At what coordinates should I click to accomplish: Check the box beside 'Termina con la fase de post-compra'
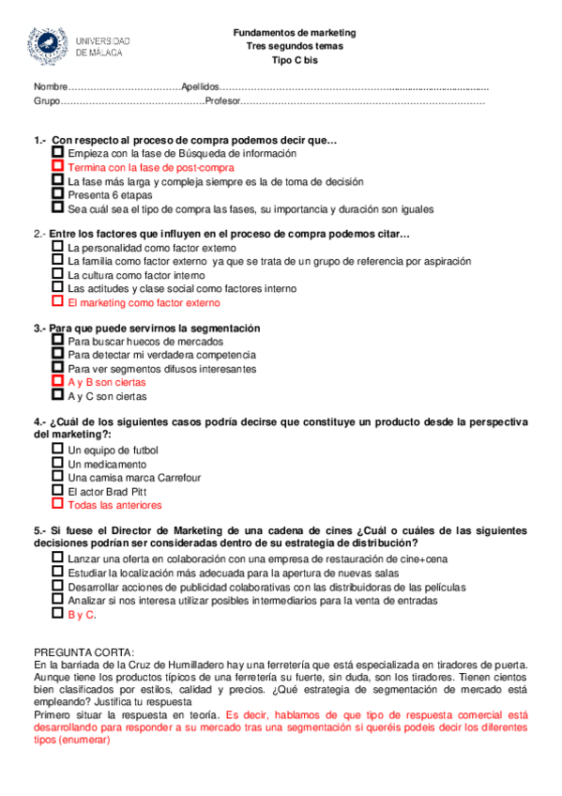click(x=58, y=165)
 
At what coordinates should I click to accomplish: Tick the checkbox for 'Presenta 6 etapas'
click(x=58, y=193)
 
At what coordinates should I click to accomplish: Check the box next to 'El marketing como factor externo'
click(x=58, y=302)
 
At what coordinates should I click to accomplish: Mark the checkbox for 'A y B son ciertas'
click(x=58, y=382)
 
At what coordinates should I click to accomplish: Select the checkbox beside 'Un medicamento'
click(x=58, y=463)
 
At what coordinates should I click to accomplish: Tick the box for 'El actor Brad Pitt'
click(x=58, y=490)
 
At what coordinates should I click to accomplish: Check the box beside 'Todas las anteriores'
click(x=58, y=504)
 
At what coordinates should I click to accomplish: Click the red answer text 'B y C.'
click(x=82, y=614)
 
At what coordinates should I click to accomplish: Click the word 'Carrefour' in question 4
click(x=178, y=477)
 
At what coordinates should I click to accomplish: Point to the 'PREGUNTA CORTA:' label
click(x=84, y=652)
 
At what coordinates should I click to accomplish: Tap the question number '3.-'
click(x=39, y=328)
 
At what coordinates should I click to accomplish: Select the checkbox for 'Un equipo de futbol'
click(x=58, y=449)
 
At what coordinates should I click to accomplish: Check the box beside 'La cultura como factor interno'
click(x=58, y=274)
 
